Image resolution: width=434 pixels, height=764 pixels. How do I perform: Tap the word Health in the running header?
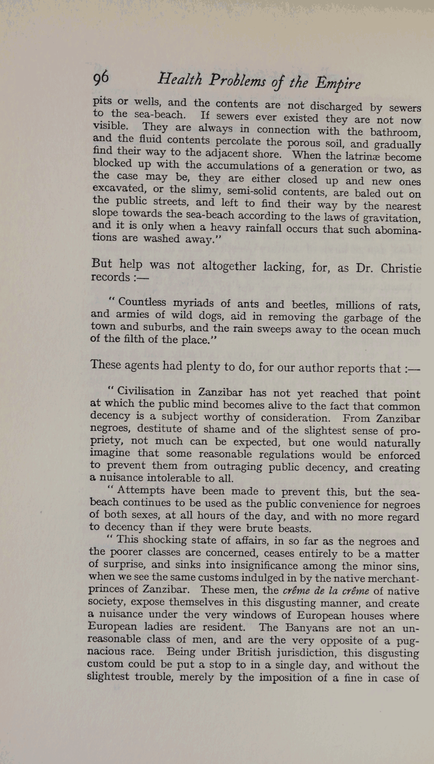tap(180, 80)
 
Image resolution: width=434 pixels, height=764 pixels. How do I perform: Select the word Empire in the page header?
tap(338, 84)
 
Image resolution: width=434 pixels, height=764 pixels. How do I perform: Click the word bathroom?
tap(395, 132)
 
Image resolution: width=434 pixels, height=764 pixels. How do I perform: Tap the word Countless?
tap(142, 302)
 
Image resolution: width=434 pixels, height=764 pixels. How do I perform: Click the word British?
tap(254, 652)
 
